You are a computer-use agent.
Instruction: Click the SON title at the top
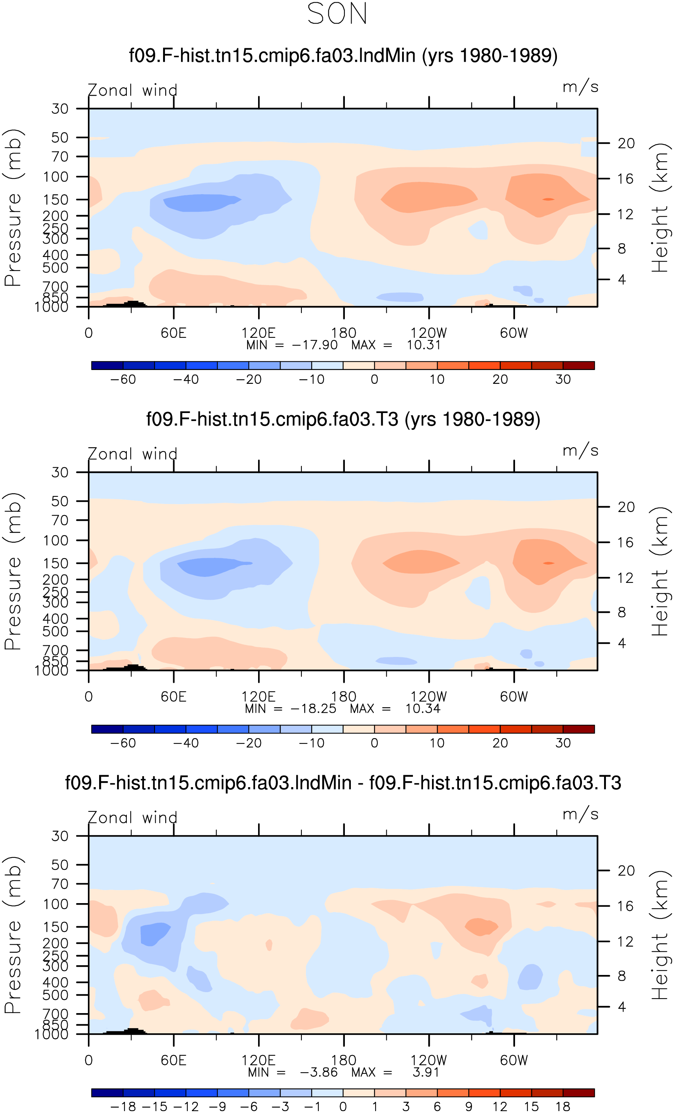337,13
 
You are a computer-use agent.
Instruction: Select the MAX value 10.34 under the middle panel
423,709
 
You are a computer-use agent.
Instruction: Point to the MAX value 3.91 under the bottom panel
426,1072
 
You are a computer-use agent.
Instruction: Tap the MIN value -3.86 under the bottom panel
319,1072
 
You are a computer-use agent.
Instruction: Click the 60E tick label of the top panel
174,333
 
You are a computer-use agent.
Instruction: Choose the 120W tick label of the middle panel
429,697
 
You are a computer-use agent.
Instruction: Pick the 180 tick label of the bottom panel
344,1060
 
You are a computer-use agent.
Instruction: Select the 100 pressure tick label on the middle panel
56,540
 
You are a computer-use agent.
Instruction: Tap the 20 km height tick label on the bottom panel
626,871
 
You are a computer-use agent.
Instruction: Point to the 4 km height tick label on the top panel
622,279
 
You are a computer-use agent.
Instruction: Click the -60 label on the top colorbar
123,379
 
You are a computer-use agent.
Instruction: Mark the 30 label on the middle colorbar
563,743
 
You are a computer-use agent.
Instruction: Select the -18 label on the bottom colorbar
123,1107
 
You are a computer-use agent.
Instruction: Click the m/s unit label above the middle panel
580,450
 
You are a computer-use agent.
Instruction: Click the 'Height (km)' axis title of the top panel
660,208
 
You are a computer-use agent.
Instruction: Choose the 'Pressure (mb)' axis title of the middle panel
13,571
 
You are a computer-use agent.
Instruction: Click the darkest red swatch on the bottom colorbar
579,1093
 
